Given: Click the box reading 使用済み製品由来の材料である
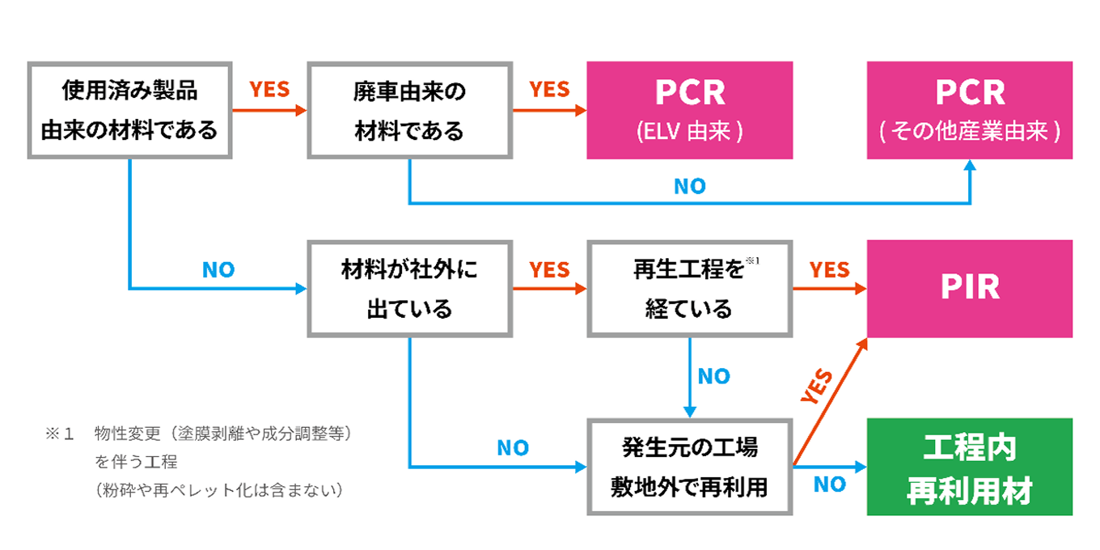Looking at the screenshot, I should pyautogui.click(x=129, y=110).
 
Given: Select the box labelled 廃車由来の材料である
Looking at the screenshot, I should pyautogui.click(x=409, y=110).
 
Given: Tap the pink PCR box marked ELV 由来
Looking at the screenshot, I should pyautogui.click(x=689, y=110).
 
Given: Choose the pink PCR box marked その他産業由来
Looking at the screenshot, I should pyautogui.click(x=970, y=110).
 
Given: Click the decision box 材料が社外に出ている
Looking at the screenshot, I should pyautogui.click(x=409, y=289).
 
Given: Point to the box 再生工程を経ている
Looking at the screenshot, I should pyautogui.click(x=689, y=289).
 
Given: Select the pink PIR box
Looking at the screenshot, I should pyautogui.click(x=970, y=289).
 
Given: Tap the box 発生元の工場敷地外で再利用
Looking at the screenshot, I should pyautogui.click(x=689, y=467).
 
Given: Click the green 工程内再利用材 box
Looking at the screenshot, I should pyautogui.click(x=970, y=467).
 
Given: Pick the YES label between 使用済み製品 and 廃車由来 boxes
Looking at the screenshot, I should pyautogui.click(x=269, y=90).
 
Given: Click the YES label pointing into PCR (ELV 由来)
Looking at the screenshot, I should pyautogui.click(x=549, y=90).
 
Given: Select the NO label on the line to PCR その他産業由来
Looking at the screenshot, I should pyautogui.click(x=690, y=187).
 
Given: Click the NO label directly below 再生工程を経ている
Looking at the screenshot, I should pyautogui.click(x=713, y=377).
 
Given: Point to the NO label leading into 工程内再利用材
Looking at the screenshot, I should pyautogui.click(x=830, y=484).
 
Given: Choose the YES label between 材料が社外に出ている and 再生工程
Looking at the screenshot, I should pyautogui.click(x=549, y=269).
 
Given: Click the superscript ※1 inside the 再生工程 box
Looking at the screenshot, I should pyautogui.click(x=754, y=260).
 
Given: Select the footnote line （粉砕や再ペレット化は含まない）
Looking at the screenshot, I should pyautogui.click(x=218, y=490).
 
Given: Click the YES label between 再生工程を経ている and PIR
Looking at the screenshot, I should pyautogui.click(x=830, y=269).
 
